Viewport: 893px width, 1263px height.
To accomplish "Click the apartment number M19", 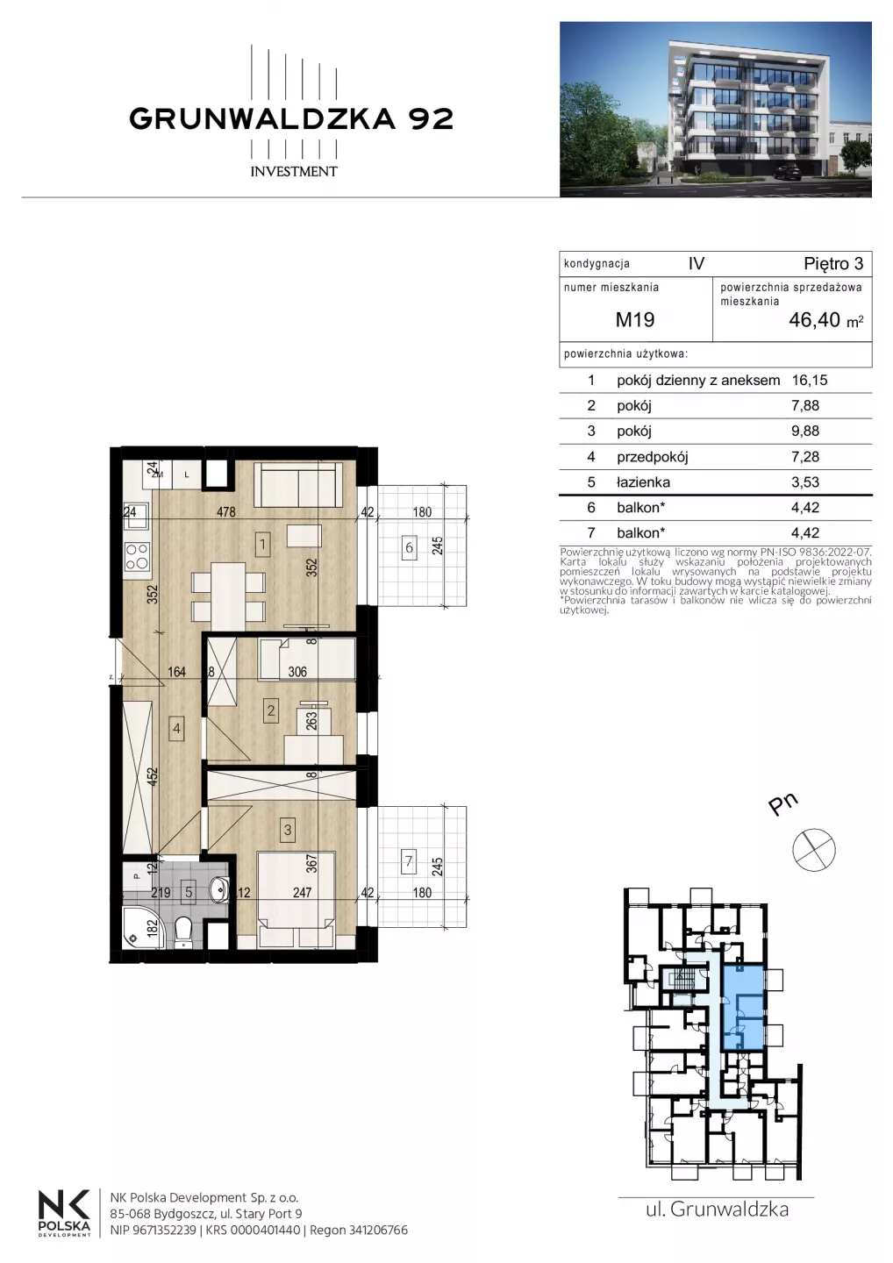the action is [x=634, y=319].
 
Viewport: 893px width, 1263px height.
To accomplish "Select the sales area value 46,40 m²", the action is [x=826, y=319].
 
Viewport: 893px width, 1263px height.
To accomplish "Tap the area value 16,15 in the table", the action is [x=809, y=380].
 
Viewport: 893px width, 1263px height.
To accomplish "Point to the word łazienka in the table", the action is [x=643, y=482].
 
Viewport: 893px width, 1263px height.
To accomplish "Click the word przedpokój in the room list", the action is [x=653, y=457].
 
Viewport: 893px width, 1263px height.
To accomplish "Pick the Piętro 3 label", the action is [x=833, y=264].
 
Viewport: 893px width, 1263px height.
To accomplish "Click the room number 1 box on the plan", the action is [x=262, y=545].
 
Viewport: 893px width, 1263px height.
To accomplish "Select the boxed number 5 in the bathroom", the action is [x=189, y=892].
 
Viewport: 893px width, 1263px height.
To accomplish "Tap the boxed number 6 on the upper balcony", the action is [x=410, y=547].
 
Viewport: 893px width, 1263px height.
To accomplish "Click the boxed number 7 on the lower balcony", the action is [x=409, y=861].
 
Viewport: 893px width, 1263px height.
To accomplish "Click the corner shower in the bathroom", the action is [x=145, y=926].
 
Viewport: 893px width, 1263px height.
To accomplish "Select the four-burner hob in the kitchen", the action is [x=137, y=556].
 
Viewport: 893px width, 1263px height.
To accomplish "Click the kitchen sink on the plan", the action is [x=136, y=517].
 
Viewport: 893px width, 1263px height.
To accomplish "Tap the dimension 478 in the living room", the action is [x=226, y=512].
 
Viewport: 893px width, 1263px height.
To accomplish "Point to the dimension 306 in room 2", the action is [x=297, y=672].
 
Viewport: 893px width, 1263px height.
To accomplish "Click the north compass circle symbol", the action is [x=813, y=850].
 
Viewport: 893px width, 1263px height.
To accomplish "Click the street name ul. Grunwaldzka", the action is [x=717, y=1209].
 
